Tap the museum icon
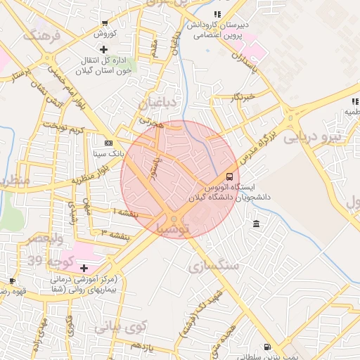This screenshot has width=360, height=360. pyautogui.click(x=255, y=224)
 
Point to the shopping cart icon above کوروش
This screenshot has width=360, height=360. pyautogui.click(x=104, y=24)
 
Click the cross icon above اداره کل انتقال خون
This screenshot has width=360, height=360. pyautogui.click(x=104, y=49)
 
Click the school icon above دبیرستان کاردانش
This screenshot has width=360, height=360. pyautogui.click(x=217, y=13)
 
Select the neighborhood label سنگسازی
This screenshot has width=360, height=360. pyautogui.click(x=214, y=265)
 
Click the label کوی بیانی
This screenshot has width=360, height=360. pyautogui.click(x=119, y=326)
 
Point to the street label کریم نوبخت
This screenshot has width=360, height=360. pyautogui.click(x=63, y=127)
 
